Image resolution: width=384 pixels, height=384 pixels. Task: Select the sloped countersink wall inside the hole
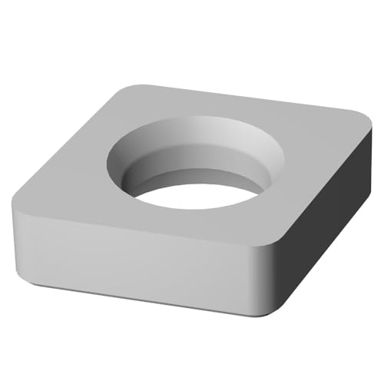[x=192, y=142]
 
